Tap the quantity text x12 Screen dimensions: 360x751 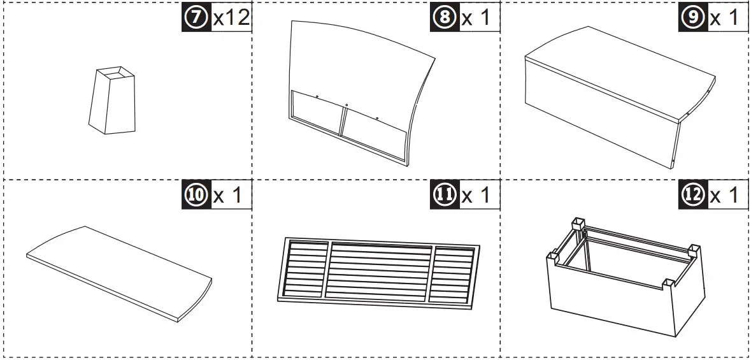click(231, 18)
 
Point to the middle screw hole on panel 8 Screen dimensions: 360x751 click(347, 105)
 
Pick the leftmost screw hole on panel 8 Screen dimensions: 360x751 click(317, 97)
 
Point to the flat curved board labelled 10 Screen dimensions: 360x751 click(118, 271)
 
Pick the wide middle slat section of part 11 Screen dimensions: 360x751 click(380, 271)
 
